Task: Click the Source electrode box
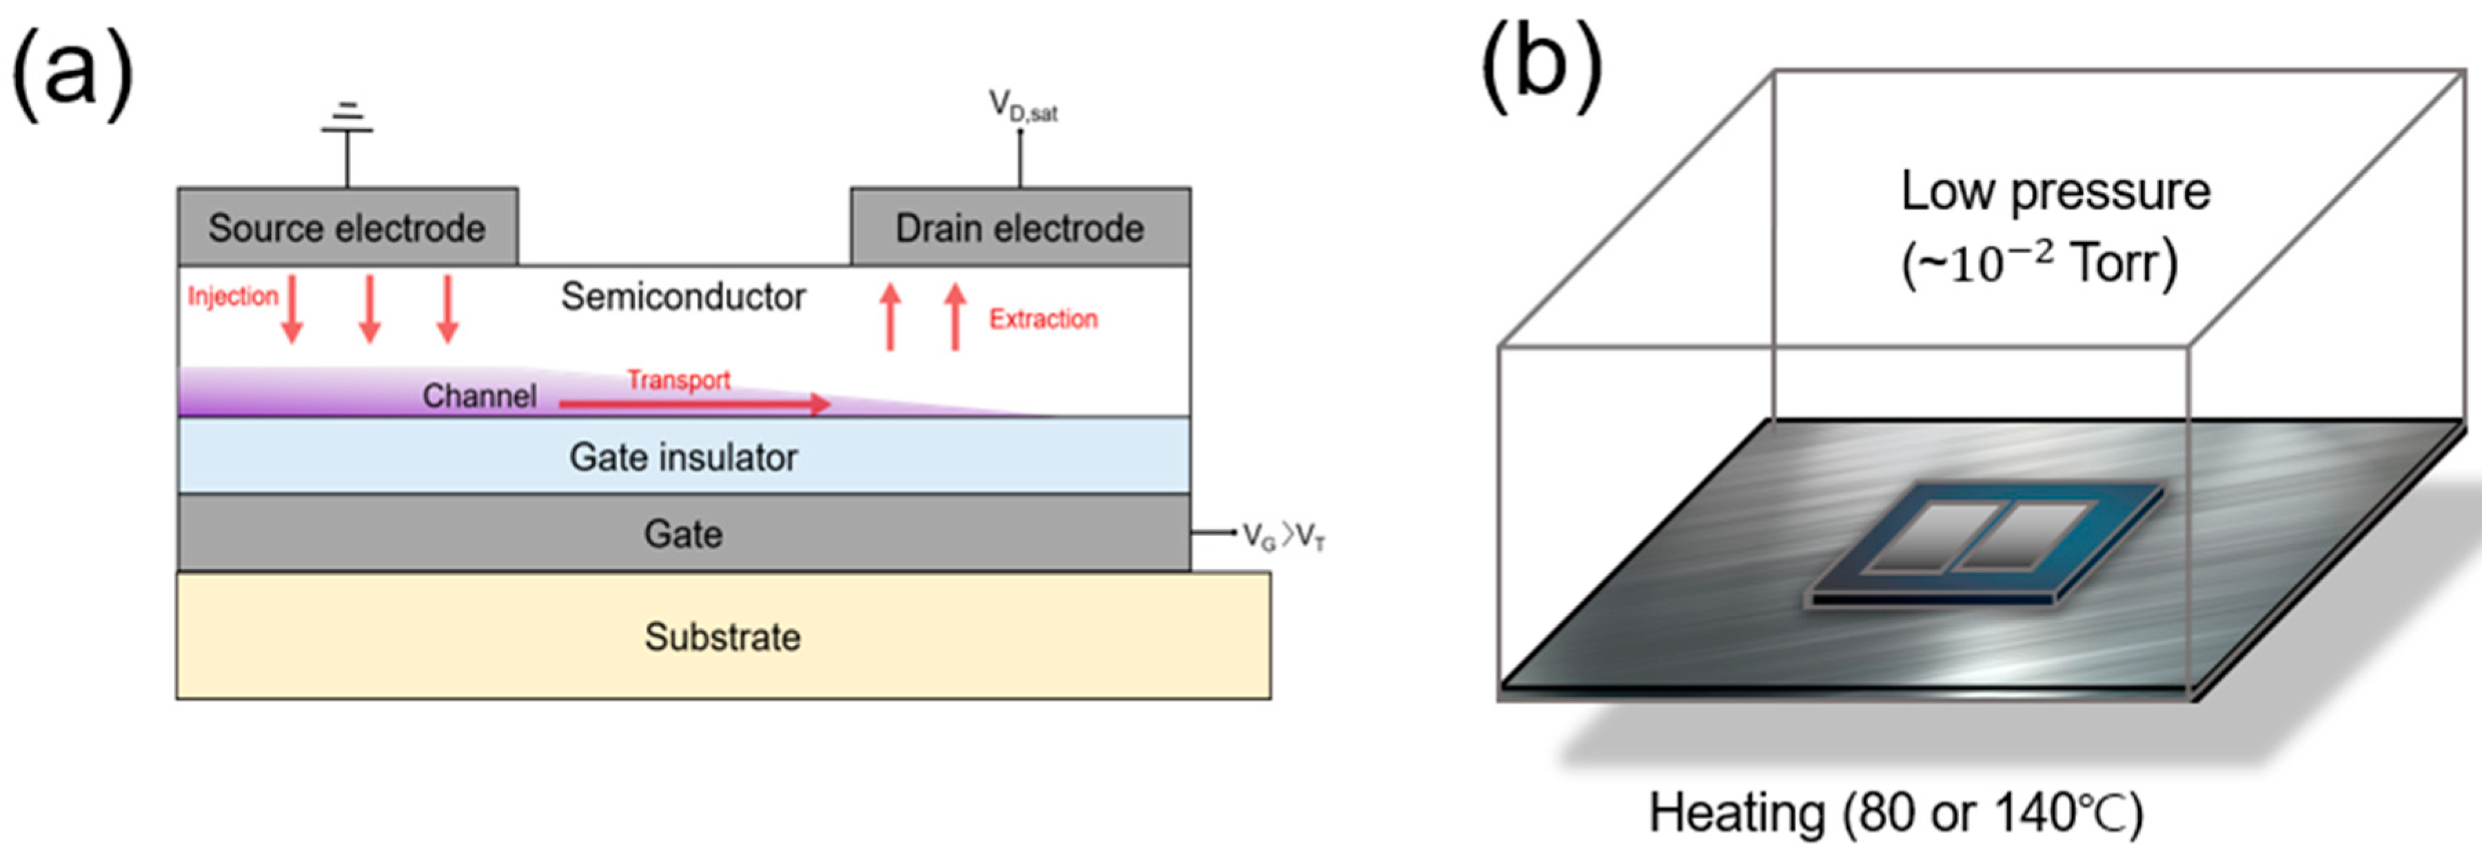347,227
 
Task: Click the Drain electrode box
1019,227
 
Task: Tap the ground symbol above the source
347,121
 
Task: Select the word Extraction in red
1043,319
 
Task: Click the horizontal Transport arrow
693,404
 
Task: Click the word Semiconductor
683,297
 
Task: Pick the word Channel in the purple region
479,395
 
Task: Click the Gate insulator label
683,457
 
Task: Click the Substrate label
722,637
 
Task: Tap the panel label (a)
72,72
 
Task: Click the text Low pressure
2055,191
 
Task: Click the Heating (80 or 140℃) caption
1896,813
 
